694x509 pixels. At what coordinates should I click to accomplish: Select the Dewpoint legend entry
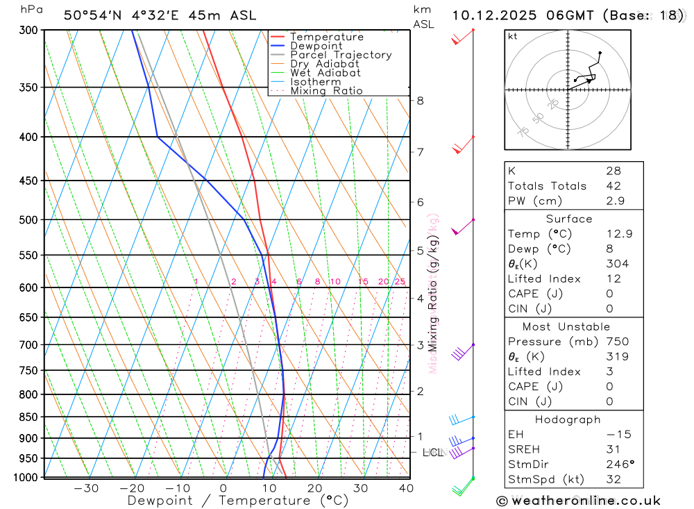click(316, 46)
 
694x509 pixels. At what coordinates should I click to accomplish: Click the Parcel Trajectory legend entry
click(340, 55)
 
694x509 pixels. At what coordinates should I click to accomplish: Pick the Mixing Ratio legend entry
click(325, 90)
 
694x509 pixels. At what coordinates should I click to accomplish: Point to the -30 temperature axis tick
click(86, 488)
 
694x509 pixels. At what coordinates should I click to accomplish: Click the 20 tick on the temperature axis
click(314, 488)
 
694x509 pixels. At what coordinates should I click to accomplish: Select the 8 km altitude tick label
click(420, 101)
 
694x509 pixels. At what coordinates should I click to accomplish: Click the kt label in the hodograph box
click(513, 36)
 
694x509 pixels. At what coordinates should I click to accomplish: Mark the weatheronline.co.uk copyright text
click(578, 501)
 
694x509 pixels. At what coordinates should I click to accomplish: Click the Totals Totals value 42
click(613, 186)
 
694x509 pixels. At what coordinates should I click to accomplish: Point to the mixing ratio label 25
click(400, 282)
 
